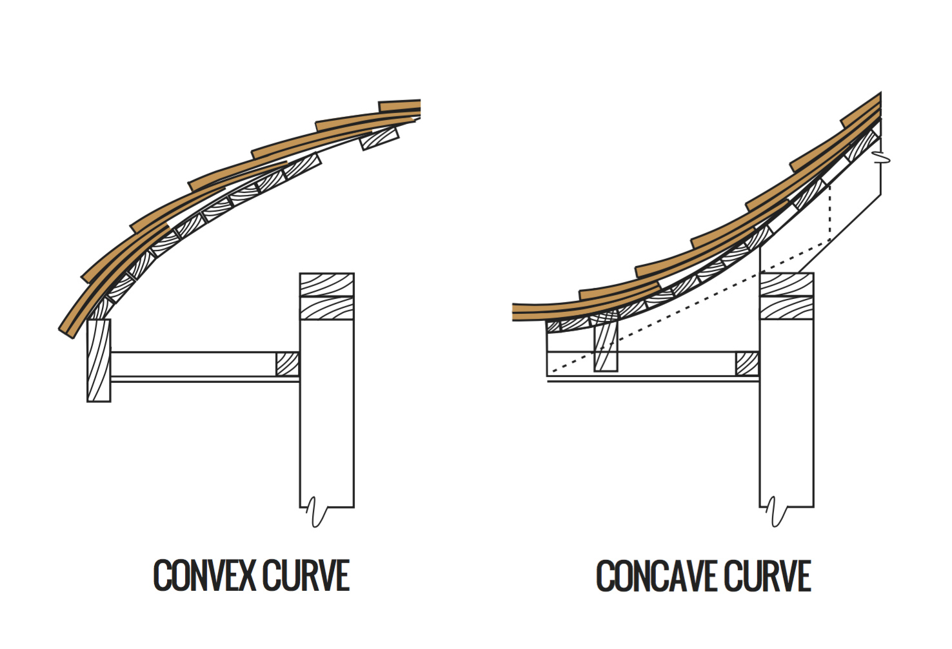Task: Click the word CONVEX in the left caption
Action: [205, 576]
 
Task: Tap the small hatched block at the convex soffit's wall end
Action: [288, 364]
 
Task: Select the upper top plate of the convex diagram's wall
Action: [326, 285]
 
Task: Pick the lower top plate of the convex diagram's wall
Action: [326, 307]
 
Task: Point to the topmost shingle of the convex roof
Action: [400, 106]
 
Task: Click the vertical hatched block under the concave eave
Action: [606, 345]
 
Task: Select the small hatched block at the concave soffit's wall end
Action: [748, 364]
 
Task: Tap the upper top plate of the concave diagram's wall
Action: [786, 285]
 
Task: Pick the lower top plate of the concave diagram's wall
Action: [786, 307]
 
